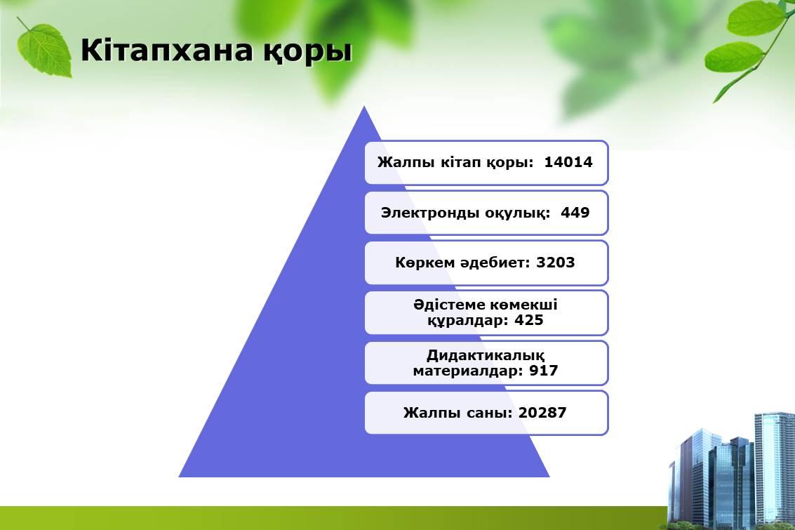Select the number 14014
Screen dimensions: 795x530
point(568,161)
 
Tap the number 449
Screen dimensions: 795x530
point(575,212)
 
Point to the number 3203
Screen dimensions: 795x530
point(556,263)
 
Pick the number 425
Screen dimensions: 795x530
point(529,320)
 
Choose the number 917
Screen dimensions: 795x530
point(544,370)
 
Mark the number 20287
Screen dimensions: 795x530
point(542,412)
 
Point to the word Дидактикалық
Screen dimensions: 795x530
point(486,355)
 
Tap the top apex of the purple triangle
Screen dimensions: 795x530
point(364,106)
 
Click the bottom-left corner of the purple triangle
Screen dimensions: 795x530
point(179,477)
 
